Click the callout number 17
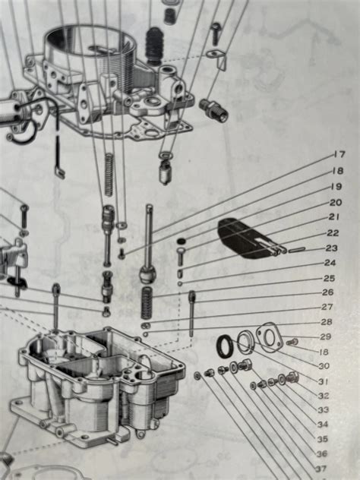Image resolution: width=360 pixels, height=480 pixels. click(x=338, y=155)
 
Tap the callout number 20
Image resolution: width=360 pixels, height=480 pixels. click(x=334, y=202)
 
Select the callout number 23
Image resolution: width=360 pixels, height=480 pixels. click(x=331, y=248)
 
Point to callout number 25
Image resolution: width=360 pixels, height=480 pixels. click(x=329, y=279)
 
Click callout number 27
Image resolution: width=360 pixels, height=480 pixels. click(x=327, y=307)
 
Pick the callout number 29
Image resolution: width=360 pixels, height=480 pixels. click(x=326, y=336)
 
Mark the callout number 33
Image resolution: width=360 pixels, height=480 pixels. click(x=323, y=410)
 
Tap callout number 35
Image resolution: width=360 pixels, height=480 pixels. click(x=322, y=439)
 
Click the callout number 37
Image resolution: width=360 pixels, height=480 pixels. click(x=321, y=468)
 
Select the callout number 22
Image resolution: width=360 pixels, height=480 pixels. click(x=333, y=233)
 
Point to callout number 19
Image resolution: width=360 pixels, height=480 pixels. click(x=336, y=186)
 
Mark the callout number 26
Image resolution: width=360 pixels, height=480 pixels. click(x=328, y=292)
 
